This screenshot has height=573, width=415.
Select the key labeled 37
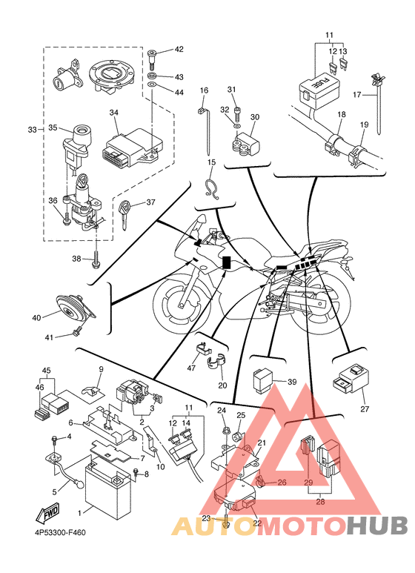click(124, 215)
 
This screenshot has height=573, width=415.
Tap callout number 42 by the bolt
click(179, 49)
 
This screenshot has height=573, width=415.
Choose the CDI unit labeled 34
click(130, 148)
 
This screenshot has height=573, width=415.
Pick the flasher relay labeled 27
click(351, 380)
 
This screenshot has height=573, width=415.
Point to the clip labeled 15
click(212, 186)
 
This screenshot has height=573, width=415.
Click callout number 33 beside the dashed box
click(32, 130)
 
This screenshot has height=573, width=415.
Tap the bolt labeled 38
click(96, 259)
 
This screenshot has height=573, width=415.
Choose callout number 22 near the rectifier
click(257, 523)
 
